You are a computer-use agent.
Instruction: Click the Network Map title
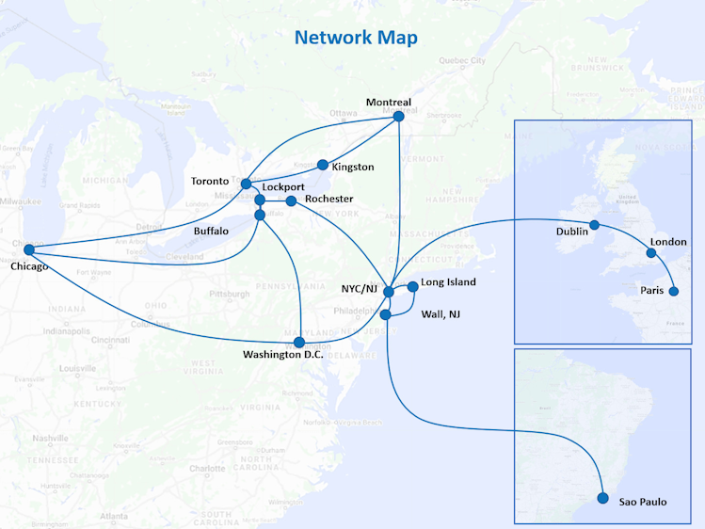point(356,38)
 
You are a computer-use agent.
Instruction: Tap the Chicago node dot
point(28,249)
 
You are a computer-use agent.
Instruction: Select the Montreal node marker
point(398,117)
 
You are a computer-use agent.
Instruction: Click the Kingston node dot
point(323,165)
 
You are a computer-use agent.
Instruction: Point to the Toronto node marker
point(246,184)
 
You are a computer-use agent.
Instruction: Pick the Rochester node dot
point(291,200)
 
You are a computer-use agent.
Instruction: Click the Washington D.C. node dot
point(299,342)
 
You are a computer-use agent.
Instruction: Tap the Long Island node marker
point(412,285)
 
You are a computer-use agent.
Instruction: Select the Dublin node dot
point(594,225)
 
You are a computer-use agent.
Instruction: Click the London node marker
point(651,252)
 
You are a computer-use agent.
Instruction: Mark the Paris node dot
point(673,291)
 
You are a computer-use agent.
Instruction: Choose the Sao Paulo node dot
point(603,499)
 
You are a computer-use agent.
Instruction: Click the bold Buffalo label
point(211,231)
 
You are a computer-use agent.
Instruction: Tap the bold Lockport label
point(283,187)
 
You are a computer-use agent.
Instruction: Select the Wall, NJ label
point(441,313)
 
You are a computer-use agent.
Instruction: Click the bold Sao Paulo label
point(642,502)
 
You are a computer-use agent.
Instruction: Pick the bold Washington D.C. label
point(282,355)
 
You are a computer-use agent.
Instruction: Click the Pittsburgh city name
point(230,294)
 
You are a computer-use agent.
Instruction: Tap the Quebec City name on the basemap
point(462,61)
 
